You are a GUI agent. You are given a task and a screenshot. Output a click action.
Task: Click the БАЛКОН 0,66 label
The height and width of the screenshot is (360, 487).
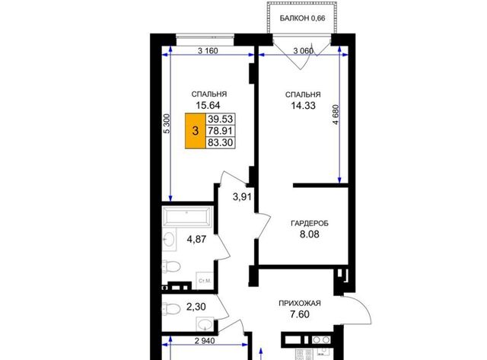(302, 18)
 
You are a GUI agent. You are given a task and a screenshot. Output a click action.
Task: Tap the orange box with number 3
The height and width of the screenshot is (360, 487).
(196, 131)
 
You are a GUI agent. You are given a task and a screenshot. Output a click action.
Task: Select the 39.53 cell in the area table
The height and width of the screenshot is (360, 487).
(220, 119)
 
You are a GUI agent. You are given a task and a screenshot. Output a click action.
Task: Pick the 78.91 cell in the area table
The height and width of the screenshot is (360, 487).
(220, 130)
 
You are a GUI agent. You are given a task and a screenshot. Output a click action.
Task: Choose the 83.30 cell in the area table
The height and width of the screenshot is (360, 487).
(220, 142)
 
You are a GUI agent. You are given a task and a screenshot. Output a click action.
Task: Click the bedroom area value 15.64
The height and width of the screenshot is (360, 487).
(208, 106)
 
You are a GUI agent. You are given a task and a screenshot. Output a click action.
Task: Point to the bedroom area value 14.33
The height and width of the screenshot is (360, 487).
(303, 106)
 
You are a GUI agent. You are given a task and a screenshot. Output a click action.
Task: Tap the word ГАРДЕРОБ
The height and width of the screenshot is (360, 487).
(310, 223)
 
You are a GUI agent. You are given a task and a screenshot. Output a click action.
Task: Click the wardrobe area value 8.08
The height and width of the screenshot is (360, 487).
(310, 234)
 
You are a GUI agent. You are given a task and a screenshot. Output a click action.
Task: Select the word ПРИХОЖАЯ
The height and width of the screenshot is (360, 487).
(300, 304)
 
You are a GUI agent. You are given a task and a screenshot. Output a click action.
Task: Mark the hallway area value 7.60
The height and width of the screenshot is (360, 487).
(299, 314)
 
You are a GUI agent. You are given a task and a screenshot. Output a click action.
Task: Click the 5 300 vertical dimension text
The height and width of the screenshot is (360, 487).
(167, 123)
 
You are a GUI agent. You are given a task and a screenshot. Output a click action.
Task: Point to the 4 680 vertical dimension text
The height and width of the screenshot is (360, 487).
(336, 115)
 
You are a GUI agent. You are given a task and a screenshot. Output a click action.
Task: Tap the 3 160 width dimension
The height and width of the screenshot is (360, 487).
(208, 51)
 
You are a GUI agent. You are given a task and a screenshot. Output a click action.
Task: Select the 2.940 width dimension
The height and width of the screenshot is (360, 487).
(205, 341)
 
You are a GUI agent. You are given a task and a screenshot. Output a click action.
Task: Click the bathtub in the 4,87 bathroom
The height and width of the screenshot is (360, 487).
(187, 216)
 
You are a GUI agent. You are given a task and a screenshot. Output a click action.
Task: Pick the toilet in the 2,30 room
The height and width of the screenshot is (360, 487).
(171, 308)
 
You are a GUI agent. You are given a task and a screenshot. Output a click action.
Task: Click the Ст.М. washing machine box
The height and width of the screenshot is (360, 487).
(205, 281)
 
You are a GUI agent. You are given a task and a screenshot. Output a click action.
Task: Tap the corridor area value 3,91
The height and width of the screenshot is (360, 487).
(242, 196)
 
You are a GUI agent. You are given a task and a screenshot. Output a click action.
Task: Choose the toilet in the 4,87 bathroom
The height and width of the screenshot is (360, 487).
(171, 266)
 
